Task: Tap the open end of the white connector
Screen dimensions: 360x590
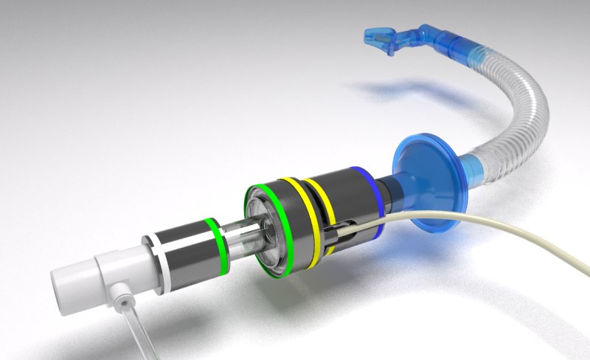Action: point(62,283)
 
